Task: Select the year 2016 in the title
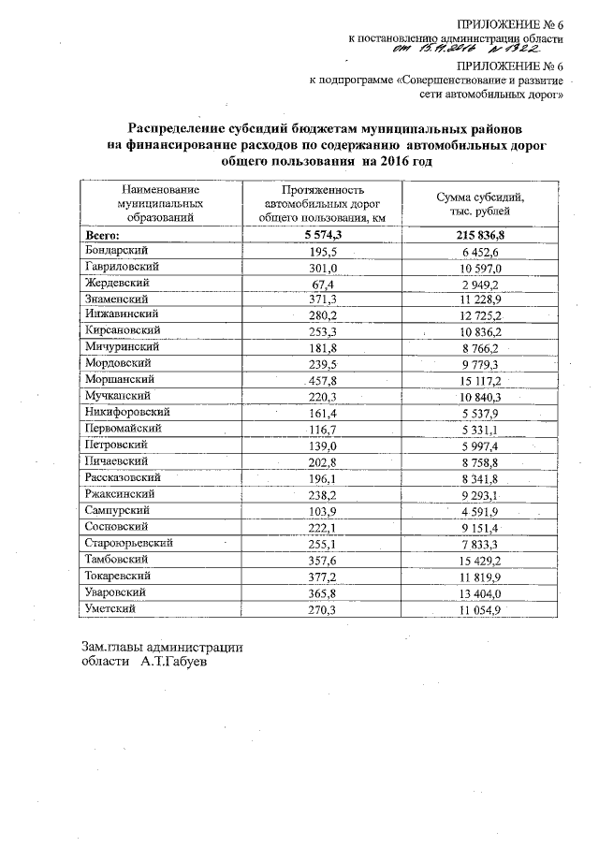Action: (x=400, y=161)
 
